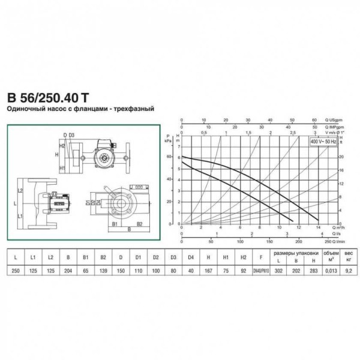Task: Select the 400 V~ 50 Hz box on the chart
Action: click(x=323, y=141)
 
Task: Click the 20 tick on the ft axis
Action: click(x=340, y=156)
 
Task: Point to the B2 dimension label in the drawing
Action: click(x=139, y=223)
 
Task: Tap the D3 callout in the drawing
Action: click(x=71, y=135)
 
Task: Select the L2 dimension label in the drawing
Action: click(x=20, y=190)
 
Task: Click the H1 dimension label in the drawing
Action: click(x=62, y=169)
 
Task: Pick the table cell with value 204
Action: click(x=68, y=271)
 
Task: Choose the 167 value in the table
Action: click(x=208, y=271)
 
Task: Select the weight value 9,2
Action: click(x=346, y=271)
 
